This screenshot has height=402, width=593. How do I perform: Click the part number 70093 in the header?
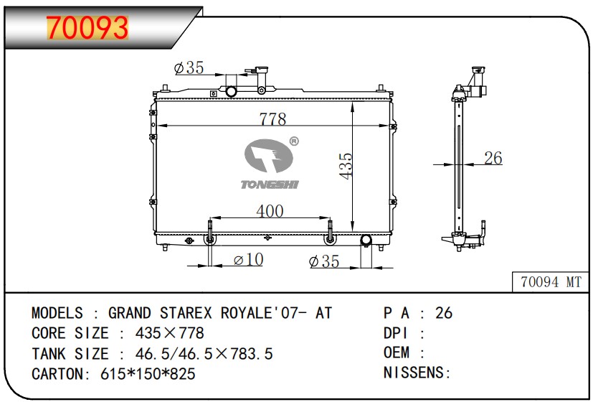coord(87,27)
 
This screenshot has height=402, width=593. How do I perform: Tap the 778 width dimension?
coord(272,119)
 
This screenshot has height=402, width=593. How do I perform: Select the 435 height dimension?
coord(346,166)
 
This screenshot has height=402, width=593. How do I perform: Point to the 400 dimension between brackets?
coord(270,211)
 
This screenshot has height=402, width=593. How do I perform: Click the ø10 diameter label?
coord(249,260)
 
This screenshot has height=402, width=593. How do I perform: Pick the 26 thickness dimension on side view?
coord(493,158)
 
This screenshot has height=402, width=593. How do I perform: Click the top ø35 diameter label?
coord(189,67)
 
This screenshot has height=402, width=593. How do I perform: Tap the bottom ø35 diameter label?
coord(324,261)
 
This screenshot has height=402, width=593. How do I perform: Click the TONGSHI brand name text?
coord(270,184)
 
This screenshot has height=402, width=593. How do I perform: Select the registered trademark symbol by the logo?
coord(294,141)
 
